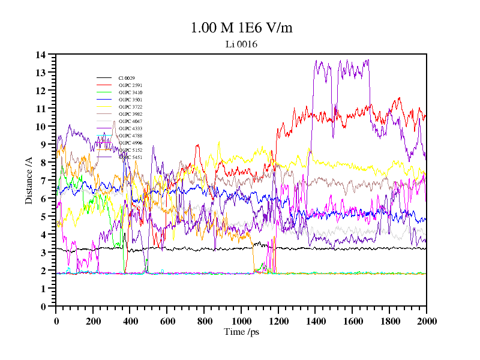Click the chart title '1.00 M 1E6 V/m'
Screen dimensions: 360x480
241,28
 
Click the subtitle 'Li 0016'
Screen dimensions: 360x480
241,44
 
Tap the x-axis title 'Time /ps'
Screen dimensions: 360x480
241,331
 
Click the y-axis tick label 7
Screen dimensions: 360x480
43,181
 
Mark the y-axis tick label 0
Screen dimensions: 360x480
43,307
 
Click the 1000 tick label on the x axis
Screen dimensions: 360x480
241,321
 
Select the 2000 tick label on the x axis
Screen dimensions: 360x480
426,321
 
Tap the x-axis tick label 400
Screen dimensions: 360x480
130,321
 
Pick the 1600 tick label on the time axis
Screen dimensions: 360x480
352,321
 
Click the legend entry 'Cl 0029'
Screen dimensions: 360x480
127,78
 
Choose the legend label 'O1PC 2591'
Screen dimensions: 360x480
130,85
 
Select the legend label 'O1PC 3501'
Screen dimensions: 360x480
130,100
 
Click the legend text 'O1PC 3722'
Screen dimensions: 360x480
130,107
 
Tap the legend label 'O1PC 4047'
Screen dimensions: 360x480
130,121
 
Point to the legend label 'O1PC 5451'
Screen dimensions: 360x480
130,157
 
